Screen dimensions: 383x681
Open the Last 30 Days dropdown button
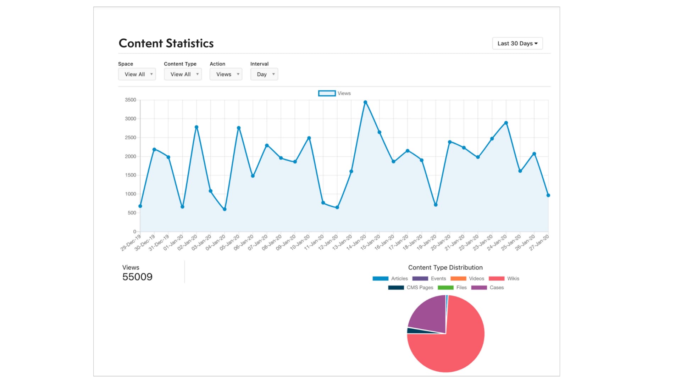click(517, 43)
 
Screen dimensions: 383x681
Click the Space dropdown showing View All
click(137, 74)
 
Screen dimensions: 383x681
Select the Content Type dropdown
click(183, 74)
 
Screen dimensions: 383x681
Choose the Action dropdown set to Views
click(226, 74)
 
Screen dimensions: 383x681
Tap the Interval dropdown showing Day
click(264, 74)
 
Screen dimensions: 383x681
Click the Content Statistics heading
click(166, 43)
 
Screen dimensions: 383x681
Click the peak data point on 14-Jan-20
click(365, 102)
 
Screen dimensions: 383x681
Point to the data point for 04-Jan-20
click(225, 209)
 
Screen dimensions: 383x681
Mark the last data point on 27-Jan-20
click(548, 195)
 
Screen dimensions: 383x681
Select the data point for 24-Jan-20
click(506, 123)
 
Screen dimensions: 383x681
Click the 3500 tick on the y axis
click(131, 100)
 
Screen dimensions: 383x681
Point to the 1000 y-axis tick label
click(131, 194)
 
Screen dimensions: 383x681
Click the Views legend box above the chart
click(327, 93)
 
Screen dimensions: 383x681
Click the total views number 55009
click(137, 277)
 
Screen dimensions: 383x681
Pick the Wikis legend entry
click(504, 279)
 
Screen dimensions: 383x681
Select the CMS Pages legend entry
click(411, 288)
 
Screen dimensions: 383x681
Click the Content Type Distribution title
click(445, 267)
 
